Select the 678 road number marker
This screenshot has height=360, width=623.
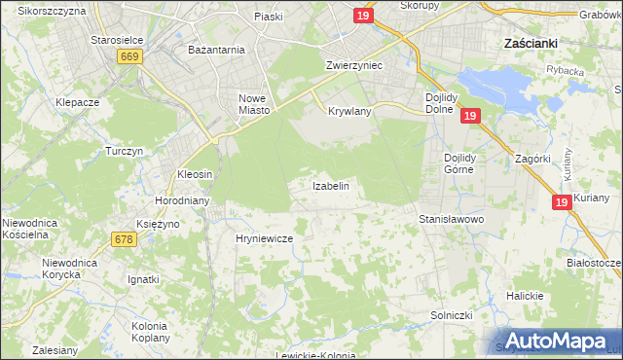[x=124, y=239]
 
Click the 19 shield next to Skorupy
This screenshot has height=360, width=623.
[x=362, y=17]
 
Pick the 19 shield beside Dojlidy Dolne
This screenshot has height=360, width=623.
[x=470, y=117]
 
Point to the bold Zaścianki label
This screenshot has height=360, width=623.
[x=531, y=44]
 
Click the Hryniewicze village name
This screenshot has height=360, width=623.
[x=265, y=237]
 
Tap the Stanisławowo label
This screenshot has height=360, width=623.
[x=452, y=220]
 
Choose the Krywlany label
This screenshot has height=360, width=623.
[x=350, y=112]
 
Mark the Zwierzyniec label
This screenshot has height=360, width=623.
[x=353, y=64]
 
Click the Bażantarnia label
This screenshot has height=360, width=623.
[x=216, y=48]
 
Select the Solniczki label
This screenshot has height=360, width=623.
[x=451, y=316]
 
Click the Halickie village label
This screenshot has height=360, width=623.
[x=524, y=296]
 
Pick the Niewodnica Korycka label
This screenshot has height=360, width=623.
[x=67, y=270]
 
